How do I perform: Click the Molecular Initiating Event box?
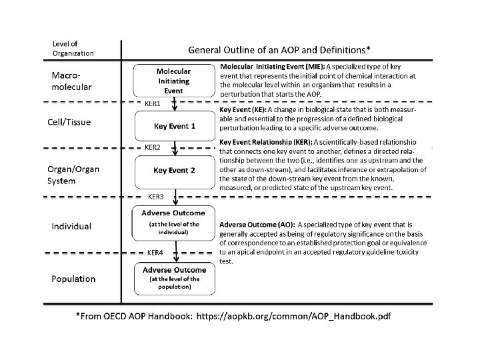pyautogui.click(x=174, y=81)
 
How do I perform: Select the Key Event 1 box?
pyautogui.click(x=174, y=126)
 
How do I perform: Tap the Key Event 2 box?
pyautogui.click(x=174, y=170)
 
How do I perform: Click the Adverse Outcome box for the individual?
pyautogui.click(x=175, y=223)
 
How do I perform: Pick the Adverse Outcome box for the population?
pyautogui.click(x=175, y=279)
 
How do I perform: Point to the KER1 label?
pyautogui.click(x=153, y=105)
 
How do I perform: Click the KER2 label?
pyautogui.click(x=153, y=147)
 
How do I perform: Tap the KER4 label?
pyautogui.click(x=156, y=253)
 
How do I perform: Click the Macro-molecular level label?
pyautogui.click(x=71, y=81)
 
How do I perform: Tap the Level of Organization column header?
pyautogui.click(x=73, y=49)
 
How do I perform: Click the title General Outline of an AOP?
pyautogui.click(x=280, y=50)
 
